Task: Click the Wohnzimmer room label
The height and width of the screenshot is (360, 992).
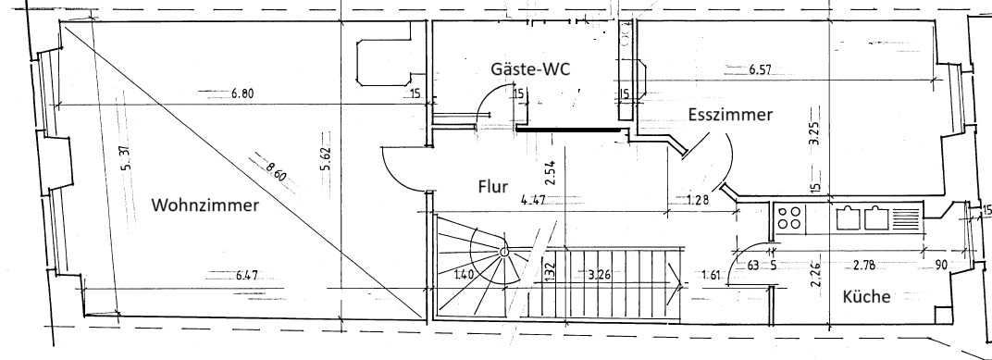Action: click(x=205, y=205)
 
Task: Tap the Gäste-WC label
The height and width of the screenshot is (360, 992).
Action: click(x=530, y=68)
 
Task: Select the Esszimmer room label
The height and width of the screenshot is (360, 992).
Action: click(x=730, y=115)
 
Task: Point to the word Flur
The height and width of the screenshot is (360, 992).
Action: click(x=493, y=187)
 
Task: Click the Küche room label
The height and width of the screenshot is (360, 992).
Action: click(x=867, y=296)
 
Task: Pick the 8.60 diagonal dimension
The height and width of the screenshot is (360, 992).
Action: click(x=276, y=173)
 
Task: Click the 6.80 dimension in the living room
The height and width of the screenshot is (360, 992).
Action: click(x=242, y=93)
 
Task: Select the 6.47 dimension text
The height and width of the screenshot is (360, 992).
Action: click(x=247, y=275)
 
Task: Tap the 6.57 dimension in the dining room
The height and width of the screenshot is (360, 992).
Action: click(x=760, y=70)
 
